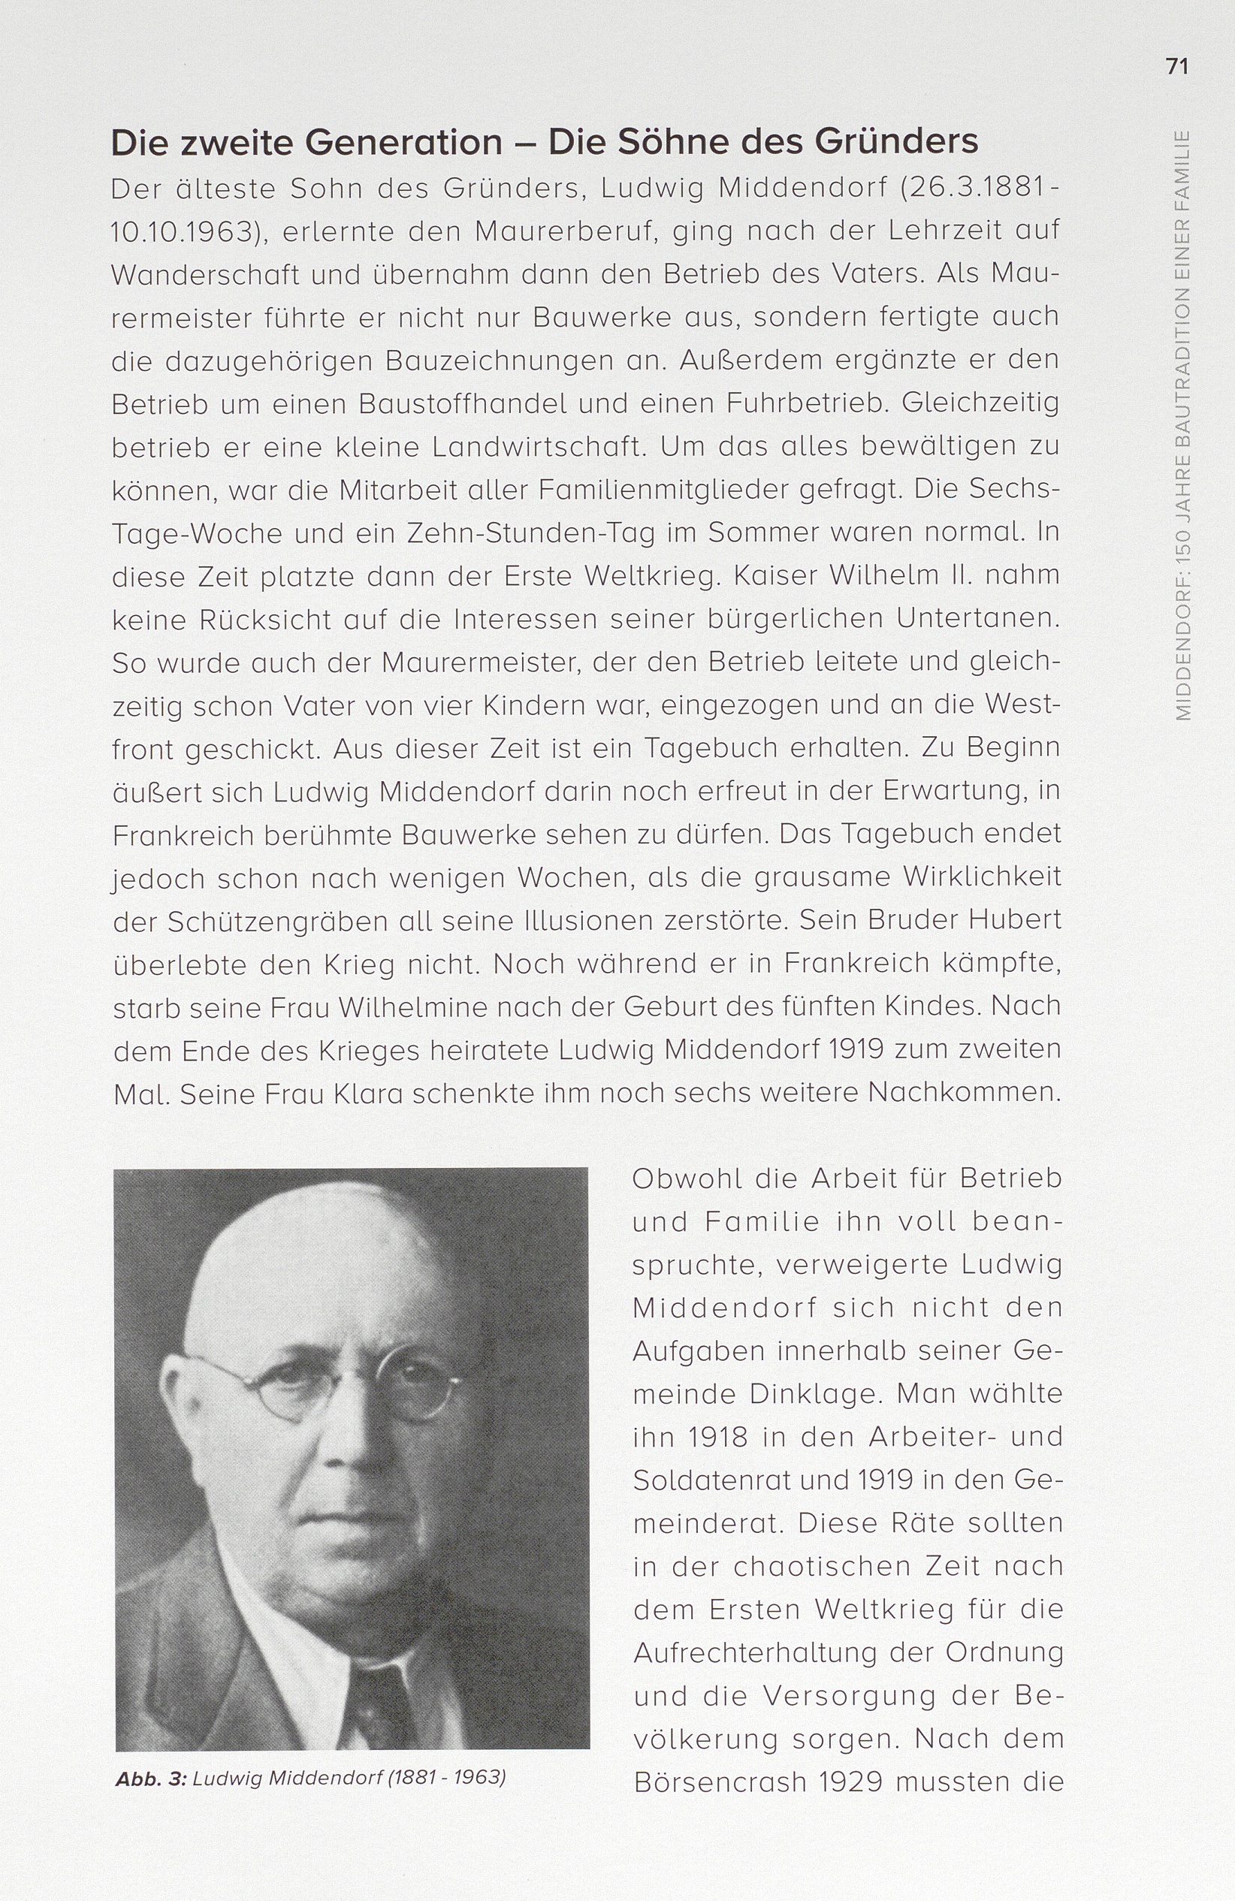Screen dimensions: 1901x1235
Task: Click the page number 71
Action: (x=1176, y=66)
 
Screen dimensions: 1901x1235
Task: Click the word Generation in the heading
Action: (x=403, y=142)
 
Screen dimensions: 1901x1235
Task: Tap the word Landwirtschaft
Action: (x=537, y=448)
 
